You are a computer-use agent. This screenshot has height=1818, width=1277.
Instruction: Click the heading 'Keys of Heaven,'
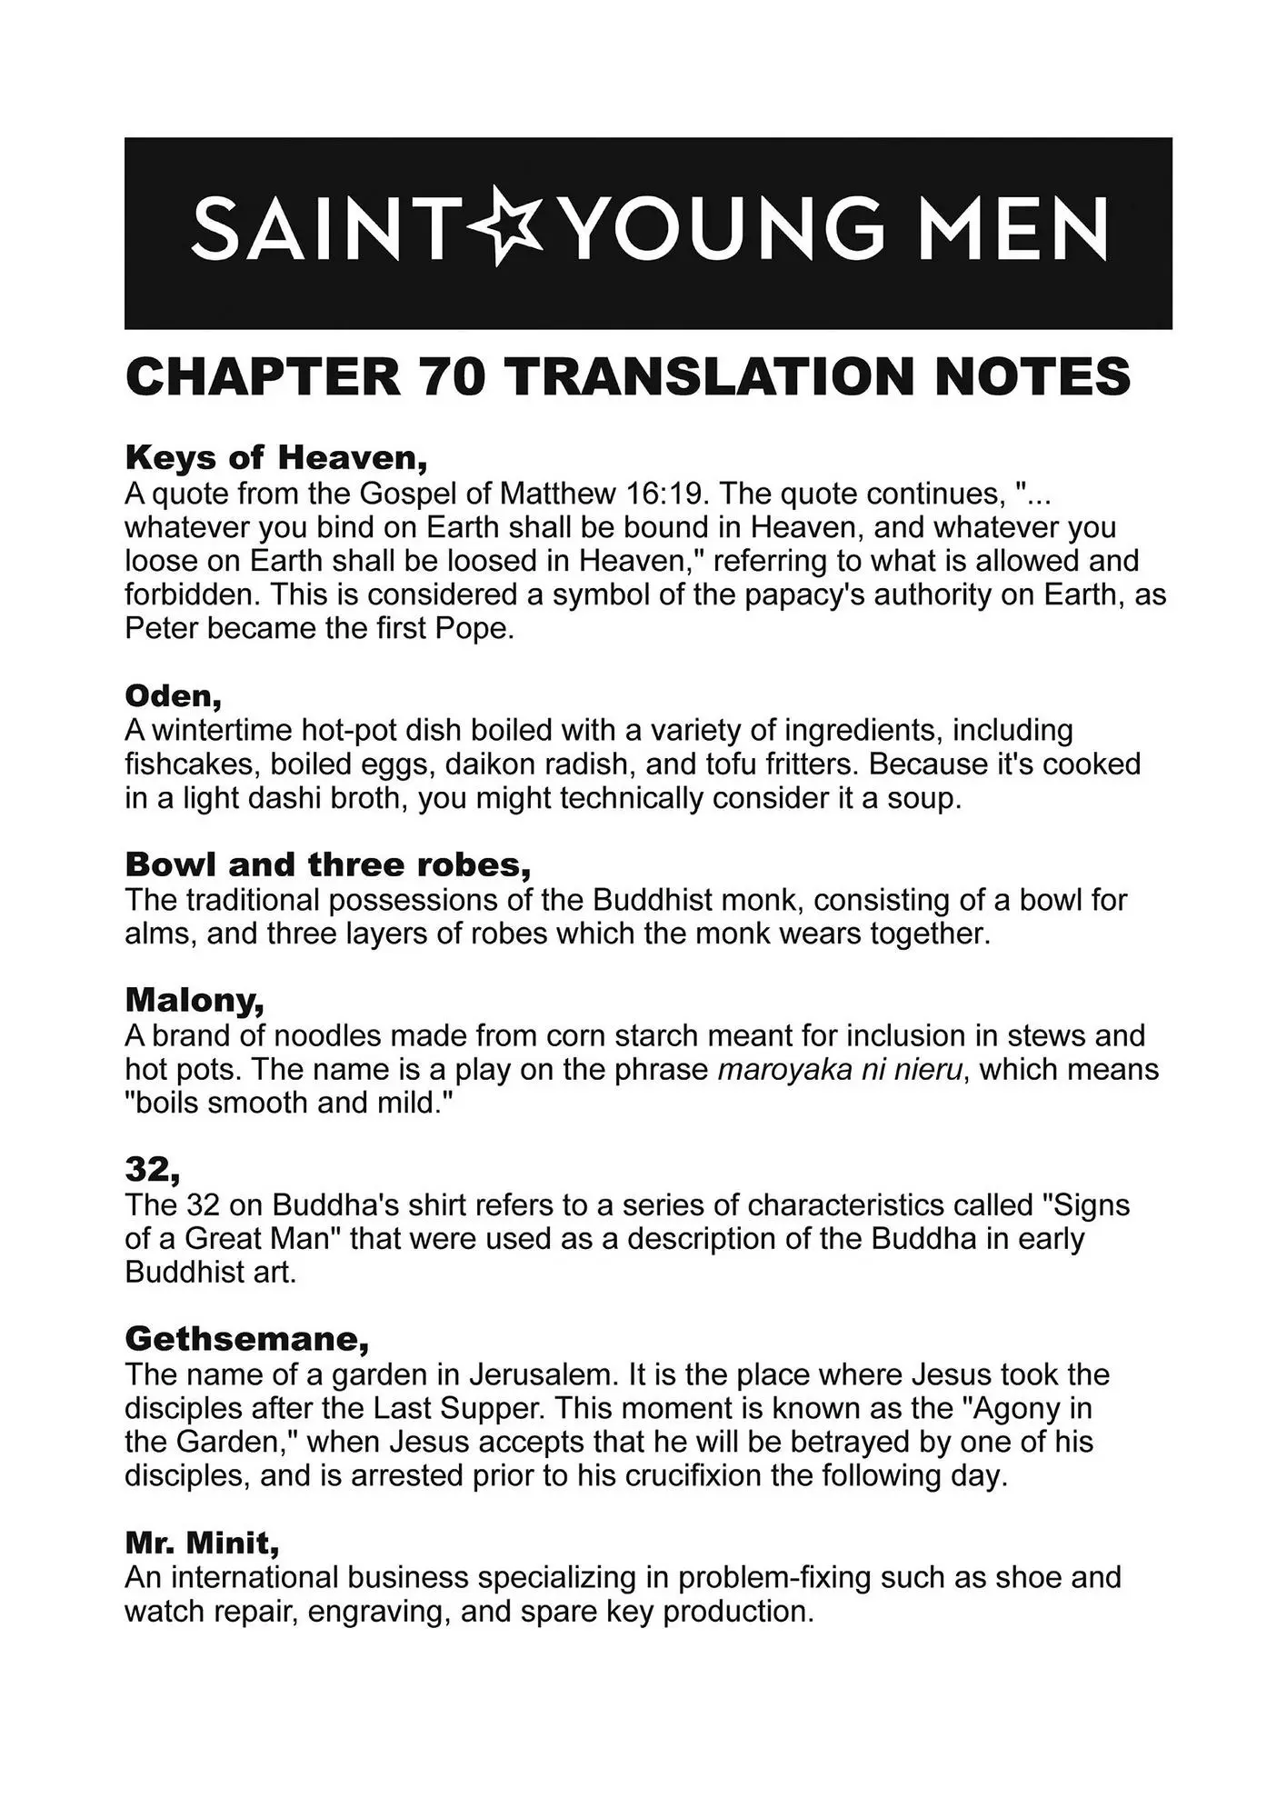(276, 457)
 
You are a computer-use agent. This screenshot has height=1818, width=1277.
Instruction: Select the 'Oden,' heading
(174, 695)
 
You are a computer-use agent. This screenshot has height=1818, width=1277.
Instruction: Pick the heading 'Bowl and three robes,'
(328, 864)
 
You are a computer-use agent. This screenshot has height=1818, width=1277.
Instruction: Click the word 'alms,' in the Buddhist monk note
(161, 934)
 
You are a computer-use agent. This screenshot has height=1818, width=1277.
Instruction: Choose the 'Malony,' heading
(195, 1000)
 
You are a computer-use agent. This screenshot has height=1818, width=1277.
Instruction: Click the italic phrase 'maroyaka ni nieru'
(840, 1069)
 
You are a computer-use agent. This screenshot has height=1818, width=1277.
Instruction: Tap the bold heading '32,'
(153, 1169)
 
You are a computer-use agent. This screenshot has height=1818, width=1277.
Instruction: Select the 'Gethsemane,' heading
(247, 1338)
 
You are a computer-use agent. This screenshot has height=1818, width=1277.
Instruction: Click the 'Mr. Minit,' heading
(202, 1543)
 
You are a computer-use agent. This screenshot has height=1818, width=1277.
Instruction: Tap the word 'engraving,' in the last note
(379, 1611)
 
